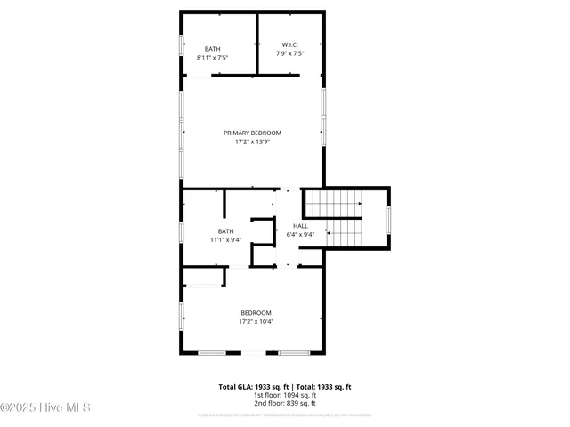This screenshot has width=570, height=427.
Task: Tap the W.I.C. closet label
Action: coord(289,44)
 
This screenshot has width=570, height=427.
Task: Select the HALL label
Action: coord(300,226)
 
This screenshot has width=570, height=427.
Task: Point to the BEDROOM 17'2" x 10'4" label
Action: coord(256,312)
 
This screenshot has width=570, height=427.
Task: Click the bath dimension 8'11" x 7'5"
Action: coord(213,58)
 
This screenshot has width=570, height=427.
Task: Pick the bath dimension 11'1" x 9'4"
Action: coord(226,239)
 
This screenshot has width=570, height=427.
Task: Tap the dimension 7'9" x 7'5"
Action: coord(289,53)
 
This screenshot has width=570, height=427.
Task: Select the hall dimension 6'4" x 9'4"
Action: coord(301,235)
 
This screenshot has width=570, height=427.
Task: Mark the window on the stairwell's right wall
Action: coord(388,219)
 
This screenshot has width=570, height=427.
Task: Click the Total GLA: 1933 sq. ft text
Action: coord(255,387)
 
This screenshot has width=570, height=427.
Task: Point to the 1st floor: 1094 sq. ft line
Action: coord(285,395)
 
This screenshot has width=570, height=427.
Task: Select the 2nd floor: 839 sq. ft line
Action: coord(285,403)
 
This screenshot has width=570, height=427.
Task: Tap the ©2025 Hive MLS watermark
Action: coord(45,407)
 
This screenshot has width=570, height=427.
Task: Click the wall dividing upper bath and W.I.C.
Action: coord(256,44)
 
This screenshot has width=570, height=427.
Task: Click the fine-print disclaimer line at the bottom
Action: coord(285,415)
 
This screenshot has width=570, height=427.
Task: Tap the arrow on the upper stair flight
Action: coord(356,204)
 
